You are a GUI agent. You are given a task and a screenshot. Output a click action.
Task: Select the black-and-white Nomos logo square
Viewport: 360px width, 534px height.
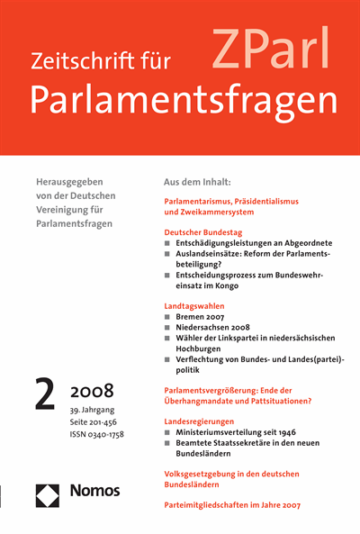tap(50, 493)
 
